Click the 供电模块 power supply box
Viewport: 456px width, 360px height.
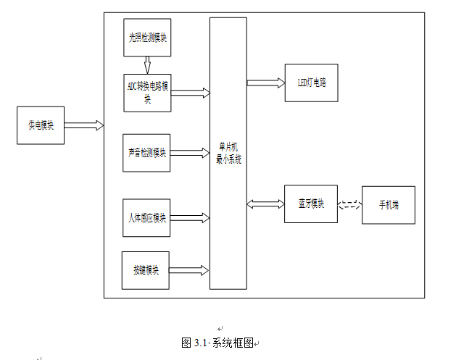(x=41, y=125)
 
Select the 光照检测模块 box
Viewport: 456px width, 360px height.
(x=147, y=38)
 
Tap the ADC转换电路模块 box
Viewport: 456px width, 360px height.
(x=147, y=92)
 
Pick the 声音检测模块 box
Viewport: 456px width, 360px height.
(x=147, y=153)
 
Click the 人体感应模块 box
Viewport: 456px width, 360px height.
(x=147, y=218)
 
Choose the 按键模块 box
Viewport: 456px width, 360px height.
(x=146, y=270)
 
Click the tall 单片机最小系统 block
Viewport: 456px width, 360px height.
(x=228, y=154)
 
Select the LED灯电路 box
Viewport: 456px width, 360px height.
(x=312, y=83)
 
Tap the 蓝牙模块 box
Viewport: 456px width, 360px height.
(x=311, y=204)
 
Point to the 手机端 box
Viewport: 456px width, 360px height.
(x=388, y=205)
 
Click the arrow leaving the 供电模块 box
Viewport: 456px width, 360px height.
(x=83, y=125)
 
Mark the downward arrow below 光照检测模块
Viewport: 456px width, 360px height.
(x=147, y=65)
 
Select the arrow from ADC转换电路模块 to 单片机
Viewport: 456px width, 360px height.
(x=190, y=93)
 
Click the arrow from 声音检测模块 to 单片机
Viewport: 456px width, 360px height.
(x=190, y=153)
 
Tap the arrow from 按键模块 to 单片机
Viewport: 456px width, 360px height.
(x=189, y=270)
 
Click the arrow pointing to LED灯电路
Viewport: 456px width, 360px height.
(x=265, y=83)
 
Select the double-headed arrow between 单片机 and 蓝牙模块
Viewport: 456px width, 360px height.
(x=265, y=204)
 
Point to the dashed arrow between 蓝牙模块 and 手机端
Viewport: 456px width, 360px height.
(x=349, y=204)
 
